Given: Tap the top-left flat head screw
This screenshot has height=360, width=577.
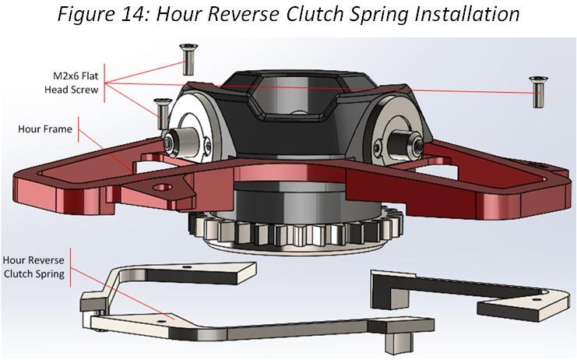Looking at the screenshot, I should [187, 56].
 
